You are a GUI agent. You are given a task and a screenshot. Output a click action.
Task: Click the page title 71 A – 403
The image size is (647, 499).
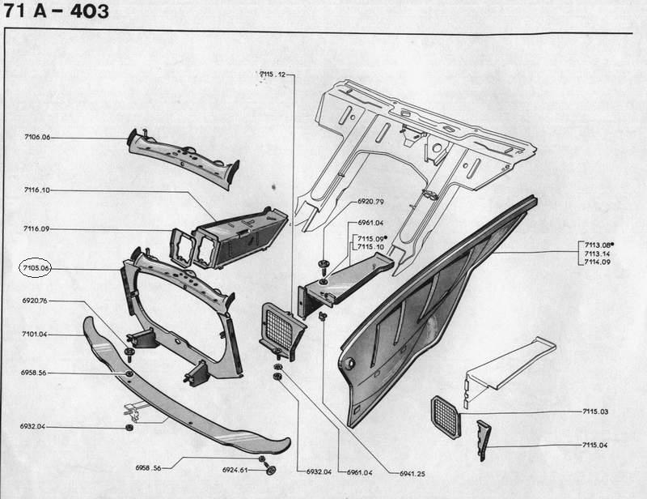[54, 13]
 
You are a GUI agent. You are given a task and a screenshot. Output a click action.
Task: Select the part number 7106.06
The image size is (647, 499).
[37, 138]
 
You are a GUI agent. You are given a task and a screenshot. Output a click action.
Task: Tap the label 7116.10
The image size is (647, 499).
[37, 190]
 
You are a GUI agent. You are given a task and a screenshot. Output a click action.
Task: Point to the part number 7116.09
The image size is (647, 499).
[37, 229]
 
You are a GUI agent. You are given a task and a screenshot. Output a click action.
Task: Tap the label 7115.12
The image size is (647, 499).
[273, 75]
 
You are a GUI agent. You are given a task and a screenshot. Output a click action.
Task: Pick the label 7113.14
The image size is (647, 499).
[598, 253]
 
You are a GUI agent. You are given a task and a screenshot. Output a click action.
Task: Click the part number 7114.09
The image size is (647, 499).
[598, 262]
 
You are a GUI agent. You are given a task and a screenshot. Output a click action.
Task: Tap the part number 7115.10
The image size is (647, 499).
[370, 247]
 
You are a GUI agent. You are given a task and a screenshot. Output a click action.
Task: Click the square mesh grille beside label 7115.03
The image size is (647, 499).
[446, 414]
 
